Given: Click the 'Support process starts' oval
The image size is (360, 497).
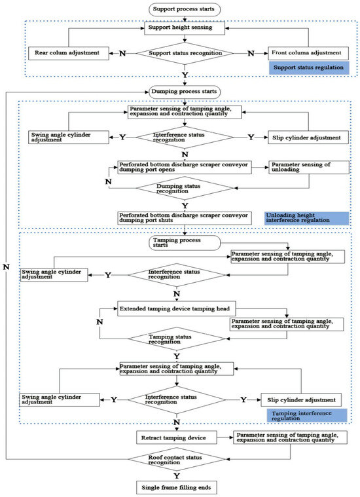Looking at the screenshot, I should pyautogui.click(x=186, y=9).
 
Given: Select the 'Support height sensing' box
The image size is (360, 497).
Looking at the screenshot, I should pyautogui.click(x=186, y=28).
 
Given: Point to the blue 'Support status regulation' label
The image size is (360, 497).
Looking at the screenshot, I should pyautogui.click(x=308, y=67).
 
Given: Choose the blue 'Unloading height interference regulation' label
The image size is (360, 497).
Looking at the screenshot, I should pyautogui.click(x=306, y=217).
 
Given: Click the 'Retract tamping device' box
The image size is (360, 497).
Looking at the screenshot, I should pyautogui.click(x=173, y=435).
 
